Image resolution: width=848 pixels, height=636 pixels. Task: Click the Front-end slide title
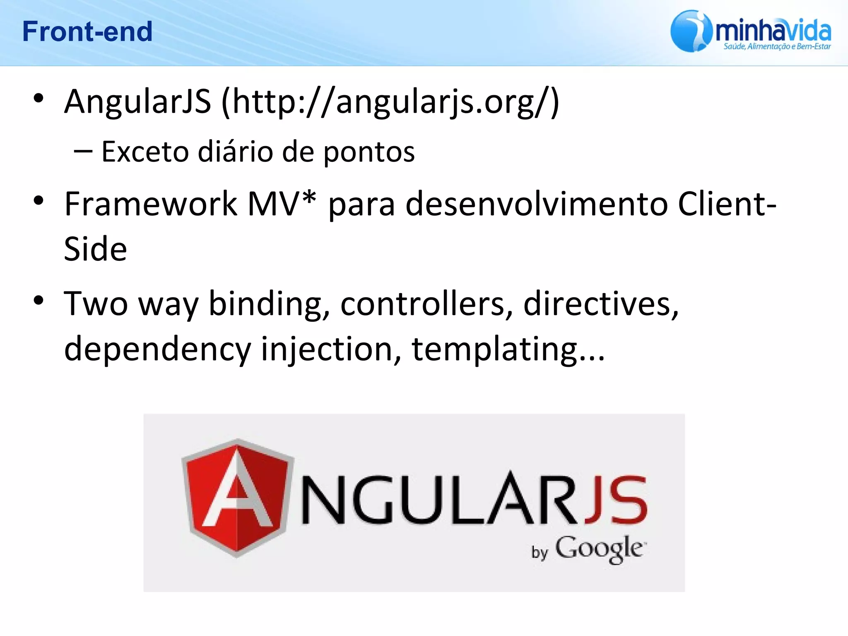point(87,31)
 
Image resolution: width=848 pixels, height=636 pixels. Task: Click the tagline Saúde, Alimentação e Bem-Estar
point(777,46)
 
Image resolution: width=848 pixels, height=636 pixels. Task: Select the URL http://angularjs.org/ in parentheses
point(390,102)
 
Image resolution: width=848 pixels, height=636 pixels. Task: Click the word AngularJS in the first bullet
point(137,102)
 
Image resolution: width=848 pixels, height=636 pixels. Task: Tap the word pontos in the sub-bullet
point(369,152)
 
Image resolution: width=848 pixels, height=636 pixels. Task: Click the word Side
point(95,249)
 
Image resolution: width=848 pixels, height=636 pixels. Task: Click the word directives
point(600,304)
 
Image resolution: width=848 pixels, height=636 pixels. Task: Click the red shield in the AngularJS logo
point(238,497)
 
